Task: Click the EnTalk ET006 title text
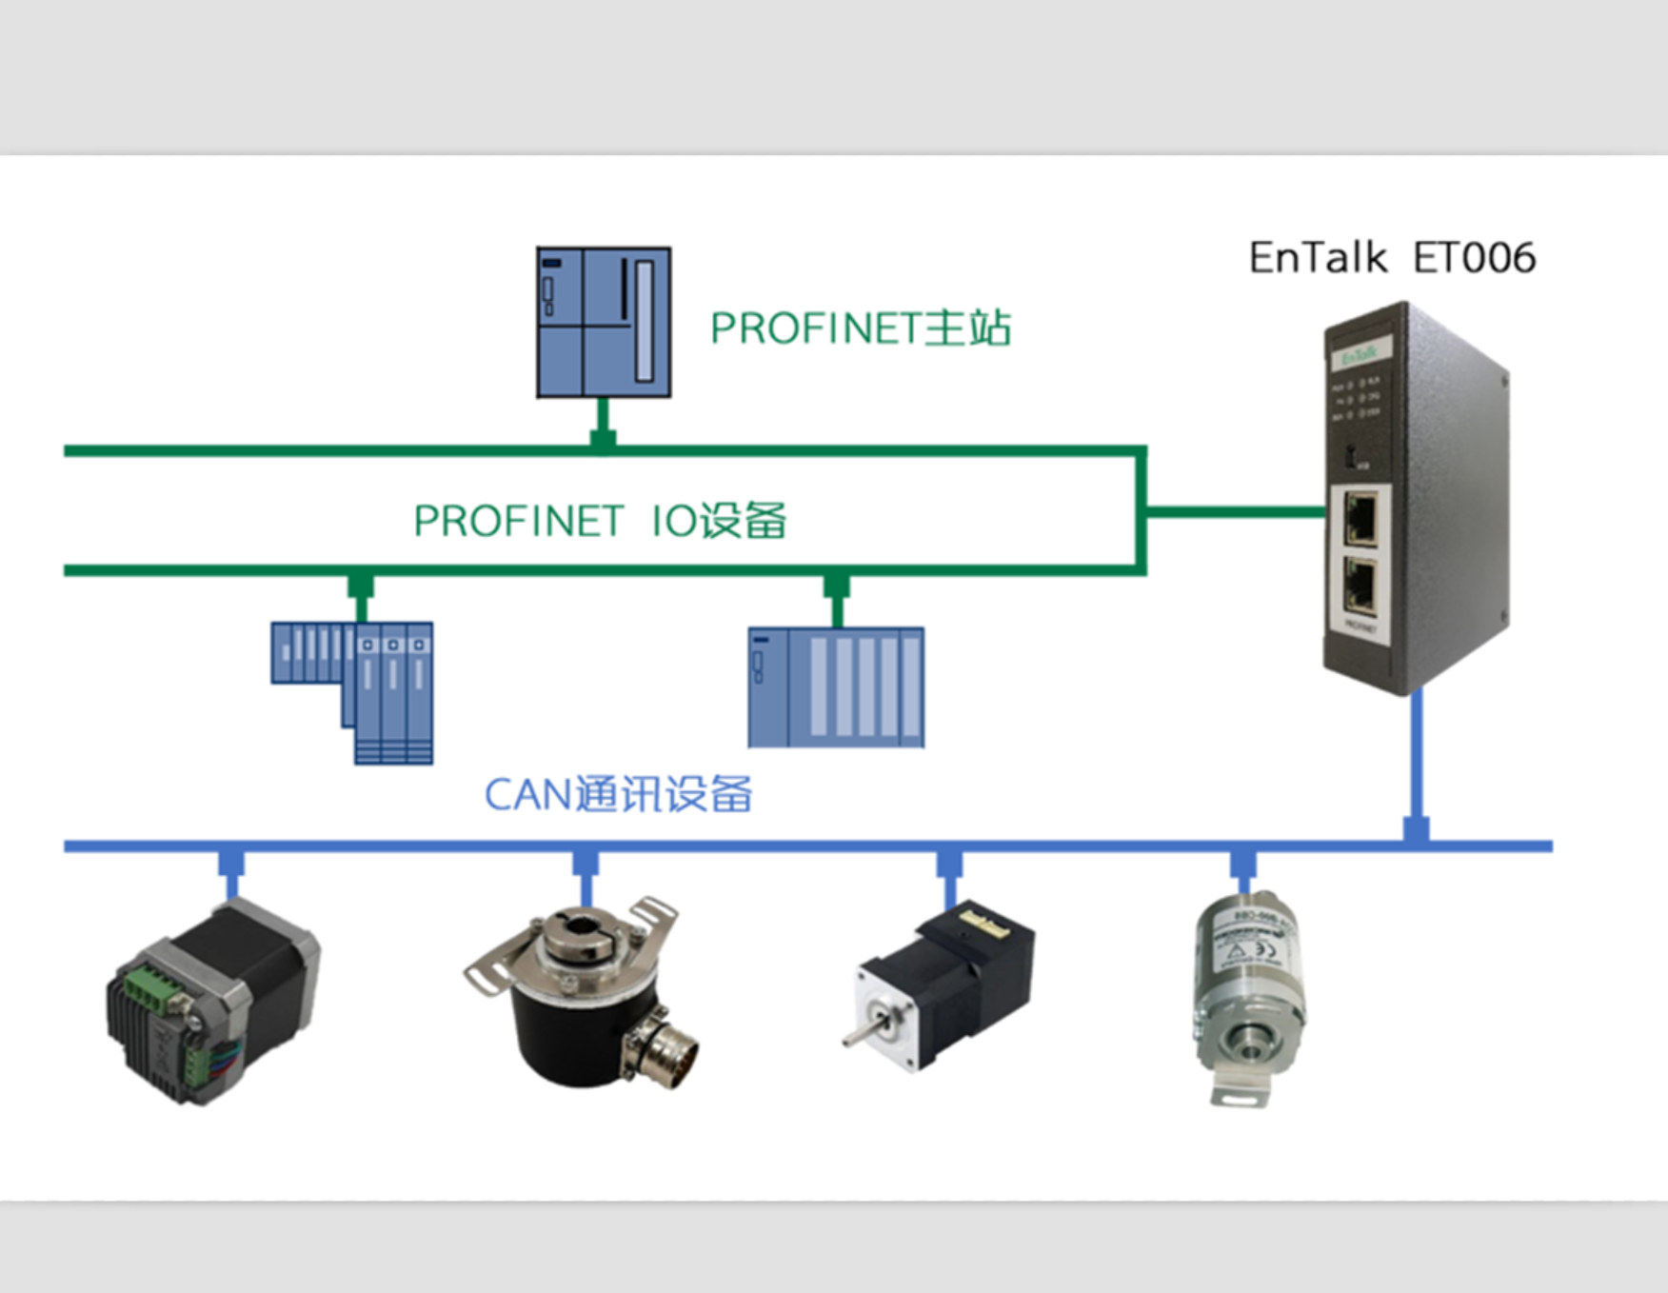click(x=1391, y=258)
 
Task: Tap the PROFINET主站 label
click(x=860, y=328)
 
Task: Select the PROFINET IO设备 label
click(x=600, y=521)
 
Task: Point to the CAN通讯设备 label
click(x=618, y=794)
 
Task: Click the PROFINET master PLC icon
click(x=604, y=322)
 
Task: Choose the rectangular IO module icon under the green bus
click(x=836, y=686)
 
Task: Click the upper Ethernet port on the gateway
click(x=1361, y=518)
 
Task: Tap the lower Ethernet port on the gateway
click(x=1361, y=585)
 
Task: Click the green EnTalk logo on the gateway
click(x=1359, y=356)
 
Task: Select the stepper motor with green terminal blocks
click(x=213, y=1000)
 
